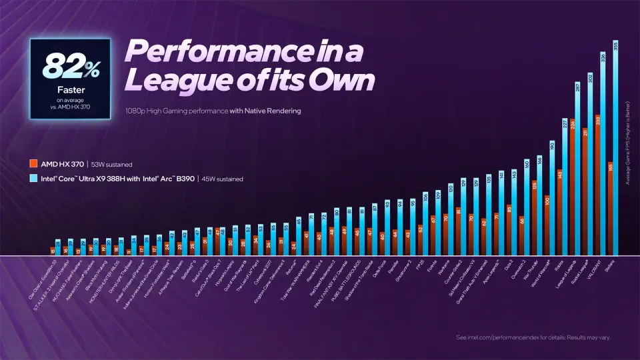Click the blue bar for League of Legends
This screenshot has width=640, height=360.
click(x=578, y=173)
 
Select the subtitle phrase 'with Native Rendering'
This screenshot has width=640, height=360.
click(x=265, y=111)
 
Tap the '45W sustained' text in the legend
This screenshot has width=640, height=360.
click(x=223, y=179)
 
